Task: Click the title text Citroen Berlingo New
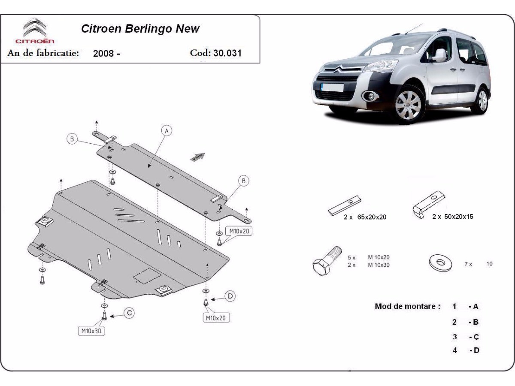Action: [x=140, y=29]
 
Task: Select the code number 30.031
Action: [x=227, y=53]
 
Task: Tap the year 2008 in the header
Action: [x=103, y=54]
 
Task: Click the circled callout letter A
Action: [x=167, y=130]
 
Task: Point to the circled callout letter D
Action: [x=230, y=296]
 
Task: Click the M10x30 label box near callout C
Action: [x=91, y=331]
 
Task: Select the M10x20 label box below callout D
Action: [x=215, y=318]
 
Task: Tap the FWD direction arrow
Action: [x=198, y=157]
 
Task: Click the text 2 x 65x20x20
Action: [x=365, y=217]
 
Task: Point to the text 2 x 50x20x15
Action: [x=452, y=217]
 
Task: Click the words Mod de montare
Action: [x=407, y=306]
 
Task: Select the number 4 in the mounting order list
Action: [x=454, y=350]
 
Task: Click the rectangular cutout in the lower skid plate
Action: [x=147, y=275]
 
